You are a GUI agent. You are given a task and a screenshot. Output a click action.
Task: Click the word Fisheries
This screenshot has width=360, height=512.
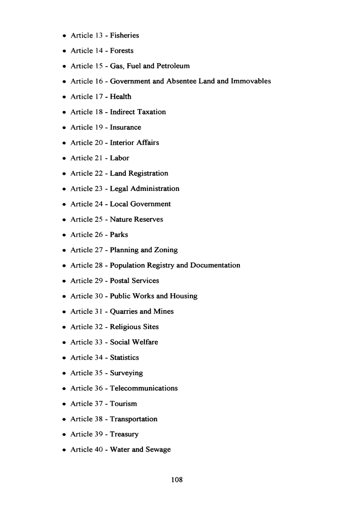point(124,35)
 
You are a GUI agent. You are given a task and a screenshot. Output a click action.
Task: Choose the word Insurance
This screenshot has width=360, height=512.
point(125,127)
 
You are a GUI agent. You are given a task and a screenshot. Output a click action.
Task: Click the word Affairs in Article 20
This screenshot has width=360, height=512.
point(147,142)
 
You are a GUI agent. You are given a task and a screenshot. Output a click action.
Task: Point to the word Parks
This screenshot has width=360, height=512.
point(119,235)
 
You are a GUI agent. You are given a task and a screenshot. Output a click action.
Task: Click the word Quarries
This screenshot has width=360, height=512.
point(124,312)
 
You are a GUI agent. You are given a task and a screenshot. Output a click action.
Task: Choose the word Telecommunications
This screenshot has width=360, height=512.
point(143,388)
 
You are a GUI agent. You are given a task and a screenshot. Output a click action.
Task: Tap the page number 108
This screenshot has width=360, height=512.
point(177,480)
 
